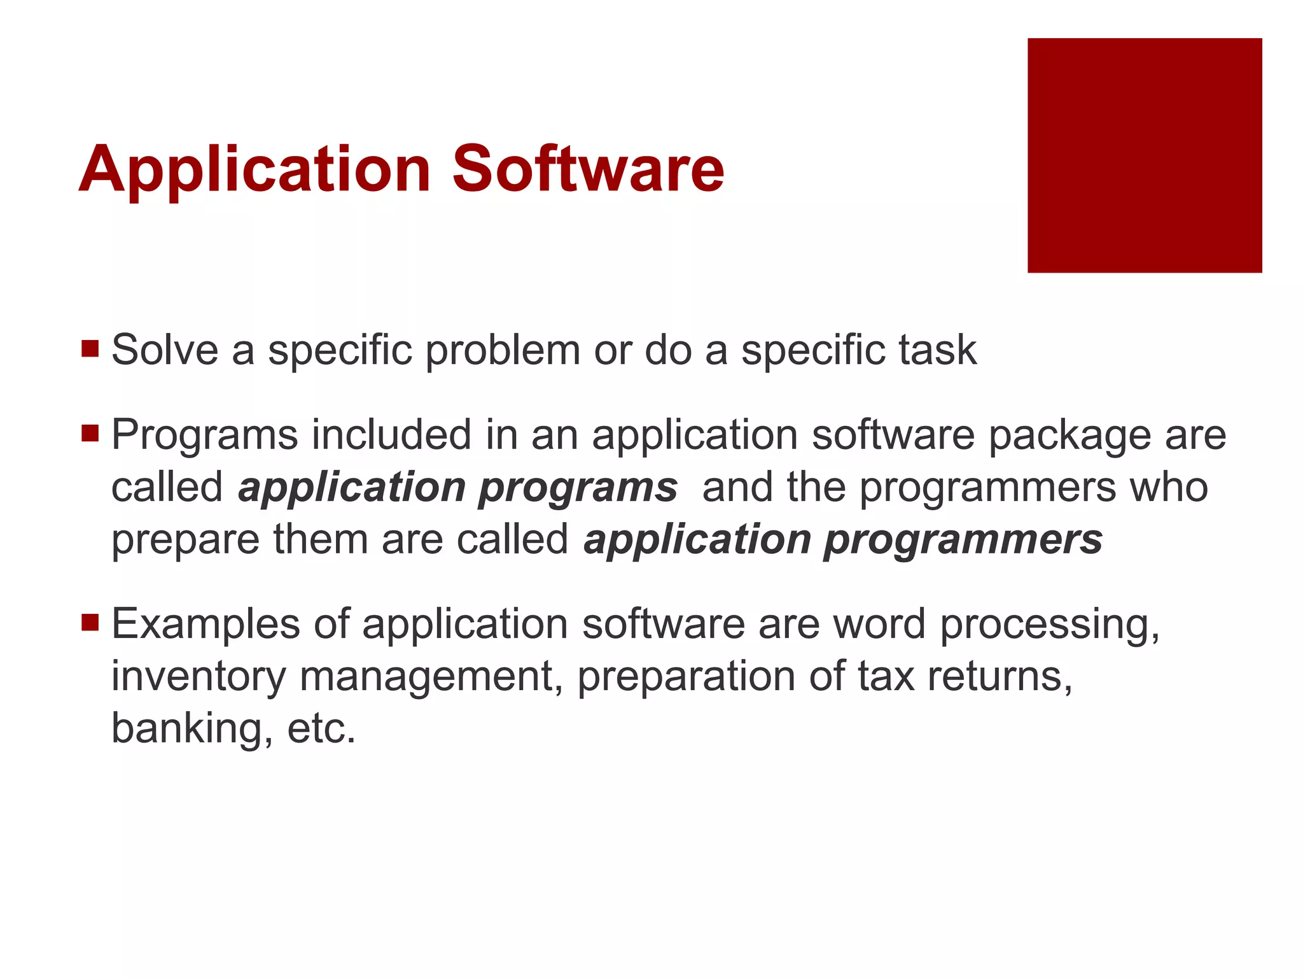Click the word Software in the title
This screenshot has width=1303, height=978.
point(588,169)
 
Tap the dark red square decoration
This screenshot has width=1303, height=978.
point(1144,155)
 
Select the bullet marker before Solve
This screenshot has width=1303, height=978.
point(90,348)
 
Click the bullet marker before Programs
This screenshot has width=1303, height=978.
point(90,434)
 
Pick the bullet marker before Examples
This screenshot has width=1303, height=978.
point(90,621)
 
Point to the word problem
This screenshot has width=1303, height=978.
point(503,351)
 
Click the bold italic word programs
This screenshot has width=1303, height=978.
point(578,489)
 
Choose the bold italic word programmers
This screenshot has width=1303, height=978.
point(963,541)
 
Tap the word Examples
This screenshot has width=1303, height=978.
point(206,625)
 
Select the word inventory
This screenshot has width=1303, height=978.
point(199,677)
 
